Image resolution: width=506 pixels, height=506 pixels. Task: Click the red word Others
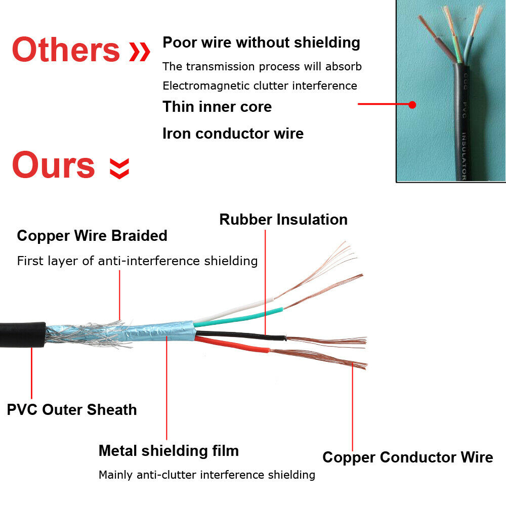[x=65, y=50]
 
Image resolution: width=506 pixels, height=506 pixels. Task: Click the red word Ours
[x=53, y=165]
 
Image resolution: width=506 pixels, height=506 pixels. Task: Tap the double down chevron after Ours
[x=120, y=168]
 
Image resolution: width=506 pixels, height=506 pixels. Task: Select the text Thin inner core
[x=217, y=107]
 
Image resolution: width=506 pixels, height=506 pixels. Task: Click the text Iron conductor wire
[x=233, y=134]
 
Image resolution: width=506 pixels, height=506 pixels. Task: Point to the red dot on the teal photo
[x=412, y=105]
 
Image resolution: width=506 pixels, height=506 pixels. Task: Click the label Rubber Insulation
[x=283, y=220]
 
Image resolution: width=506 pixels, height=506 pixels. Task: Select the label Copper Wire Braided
[x=92, y=236]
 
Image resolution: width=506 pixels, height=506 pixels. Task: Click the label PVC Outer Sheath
[x=72, y=409]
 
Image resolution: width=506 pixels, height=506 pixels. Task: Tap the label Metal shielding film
[x=168, y=450]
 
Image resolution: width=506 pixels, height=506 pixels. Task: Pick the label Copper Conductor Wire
[x=407, y=457]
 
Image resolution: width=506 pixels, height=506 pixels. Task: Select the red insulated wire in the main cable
[x=233, y=346]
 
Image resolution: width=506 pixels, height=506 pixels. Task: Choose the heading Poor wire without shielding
[x=261, y=43]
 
